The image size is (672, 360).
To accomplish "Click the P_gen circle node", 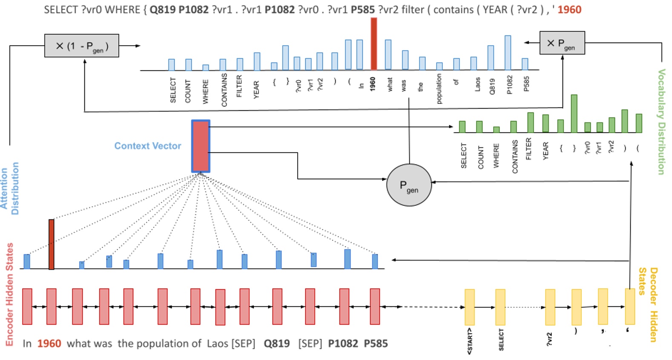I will click(409, 185).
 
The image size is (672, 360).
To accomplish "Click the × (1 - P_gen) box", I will click(82, 46).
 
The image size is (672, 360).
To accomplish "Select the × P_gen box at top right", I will click(562, 43).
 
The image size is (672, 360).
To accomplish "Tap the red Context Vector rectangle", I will click(201, 146).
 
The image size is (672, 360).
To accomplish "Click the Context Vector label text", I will click(148, 146).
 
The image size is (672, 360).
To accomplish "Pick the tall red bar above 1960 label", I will click(373, 44).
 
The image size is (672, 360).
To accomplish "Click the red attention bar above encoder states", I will click(52, 244).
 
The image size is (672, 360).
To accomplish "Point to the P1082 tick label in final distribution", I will click(510, 85).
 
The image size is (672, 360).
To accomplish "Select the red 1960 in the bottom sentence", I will click(49, 343).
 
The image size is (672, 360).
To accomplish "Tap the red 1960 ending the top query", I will click(569, 9).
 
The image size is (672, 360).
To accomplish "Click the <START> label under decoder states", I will click(470, 341).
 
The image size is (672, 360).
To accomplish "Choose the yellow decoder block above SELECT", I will click(500, 307).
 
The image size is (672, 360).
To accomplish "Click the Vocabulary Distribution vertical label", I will click(661, 122).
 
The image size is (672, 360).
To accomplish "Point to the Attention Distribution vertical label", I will click(9, 188).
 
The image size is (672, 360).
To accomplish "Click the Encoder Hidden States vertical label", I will click(9, 294).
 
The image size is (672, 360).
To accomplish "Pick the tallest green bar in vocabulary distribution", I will click(574, 113).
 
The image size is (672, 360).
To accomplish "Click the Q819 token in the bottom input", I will click(277, 343).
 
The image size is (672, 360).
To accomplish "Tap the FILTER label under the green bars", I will click(528, 149).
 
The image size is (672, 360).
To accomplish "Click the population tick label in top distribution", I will click(439, 89).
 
